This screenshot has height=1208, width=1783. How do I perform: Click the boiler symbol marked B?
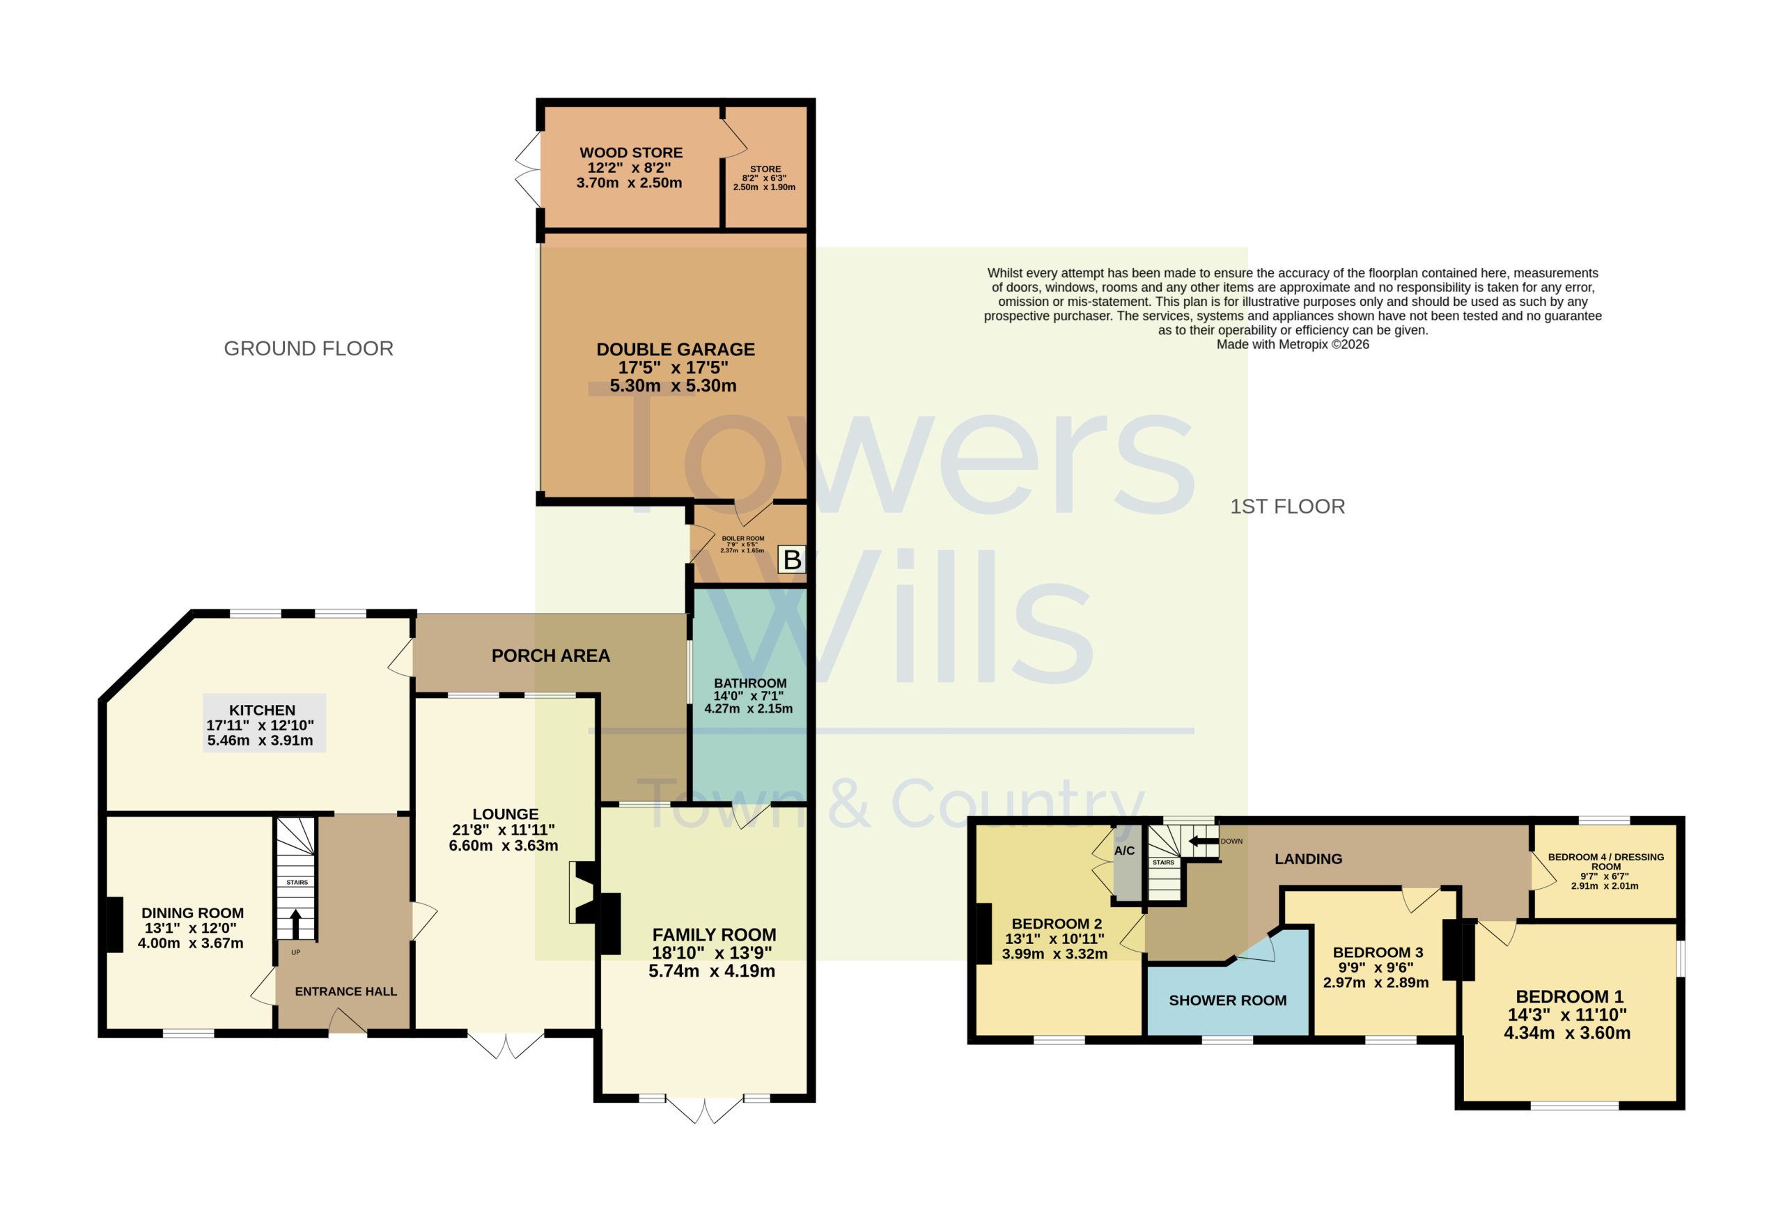[x=792, y=559]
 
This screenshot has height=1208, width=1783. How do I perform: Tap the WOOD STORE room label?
[x=630, y=153]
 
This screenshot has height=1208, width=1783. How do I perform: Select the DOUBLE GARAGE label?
[x=675, y=349]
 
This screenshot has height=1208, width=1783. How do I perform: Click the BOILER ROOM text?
[x=742, y=538]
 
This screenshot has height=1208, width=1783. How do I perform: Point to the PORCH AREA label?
[x=551, y=656]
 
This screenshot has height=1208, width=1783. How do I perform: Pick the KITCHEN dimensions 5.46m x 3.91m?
[x=260, y=741]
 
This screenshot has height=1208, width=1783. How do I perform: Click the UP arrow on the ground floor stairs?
[x=295, y=924]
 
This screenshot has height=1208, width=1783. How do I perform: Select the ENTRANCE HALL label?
[x=346, y=991]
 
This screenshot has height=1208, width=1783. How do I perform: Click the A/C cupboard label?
[x=1124, y=851]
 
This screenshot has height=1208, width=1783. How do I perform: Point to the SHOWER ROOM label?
[x=1227, y=1000]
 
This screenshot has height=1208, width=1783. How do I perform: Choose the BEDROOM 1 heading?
[x=1570, y=996]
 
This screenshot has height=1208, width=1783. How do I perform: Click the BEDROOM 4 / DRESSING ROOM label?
[x=1606, y=861]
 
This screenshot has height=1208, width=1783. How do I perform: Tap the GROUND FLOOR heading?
[x=309, y=348]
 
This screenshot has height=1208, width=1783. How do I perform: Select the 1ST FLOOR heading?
[x=1287, y=506]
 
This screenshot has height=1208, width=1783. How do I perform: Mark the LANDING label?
[x=1308, y=859]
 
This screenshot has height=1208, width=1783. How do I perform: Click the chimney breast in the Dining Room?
[x=114, y=924]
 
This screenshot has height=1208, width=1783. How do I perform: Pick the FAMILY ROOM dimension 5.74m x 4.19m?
[x=711, y=971]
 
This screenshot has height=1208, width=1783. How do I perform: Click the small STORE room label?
[x=765, y=169]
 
